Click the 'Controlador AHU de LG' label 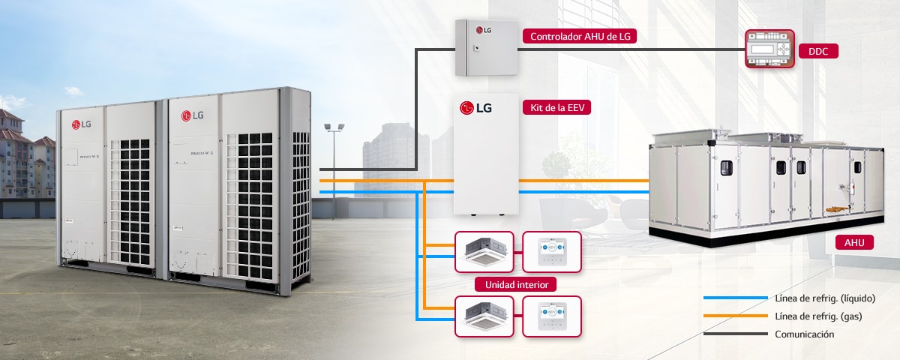tap(580, 36)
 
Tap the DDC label tap(817, 52)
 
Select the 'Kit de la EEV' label tap(556, 108)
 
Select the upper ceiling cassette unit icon tap(484, 252)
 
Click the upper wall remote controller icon tap(551, 252)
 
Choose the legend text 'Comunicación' tap(805, 334)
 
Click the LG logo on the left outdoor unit tap(82, 124)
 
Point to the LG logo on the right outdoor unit tap(193, 115)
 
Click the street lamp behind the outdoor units tap(334, 129)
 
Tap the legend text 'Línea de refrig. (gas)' tap(818, 316)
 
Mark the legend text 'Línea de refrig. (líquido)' tap(825, 298)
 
